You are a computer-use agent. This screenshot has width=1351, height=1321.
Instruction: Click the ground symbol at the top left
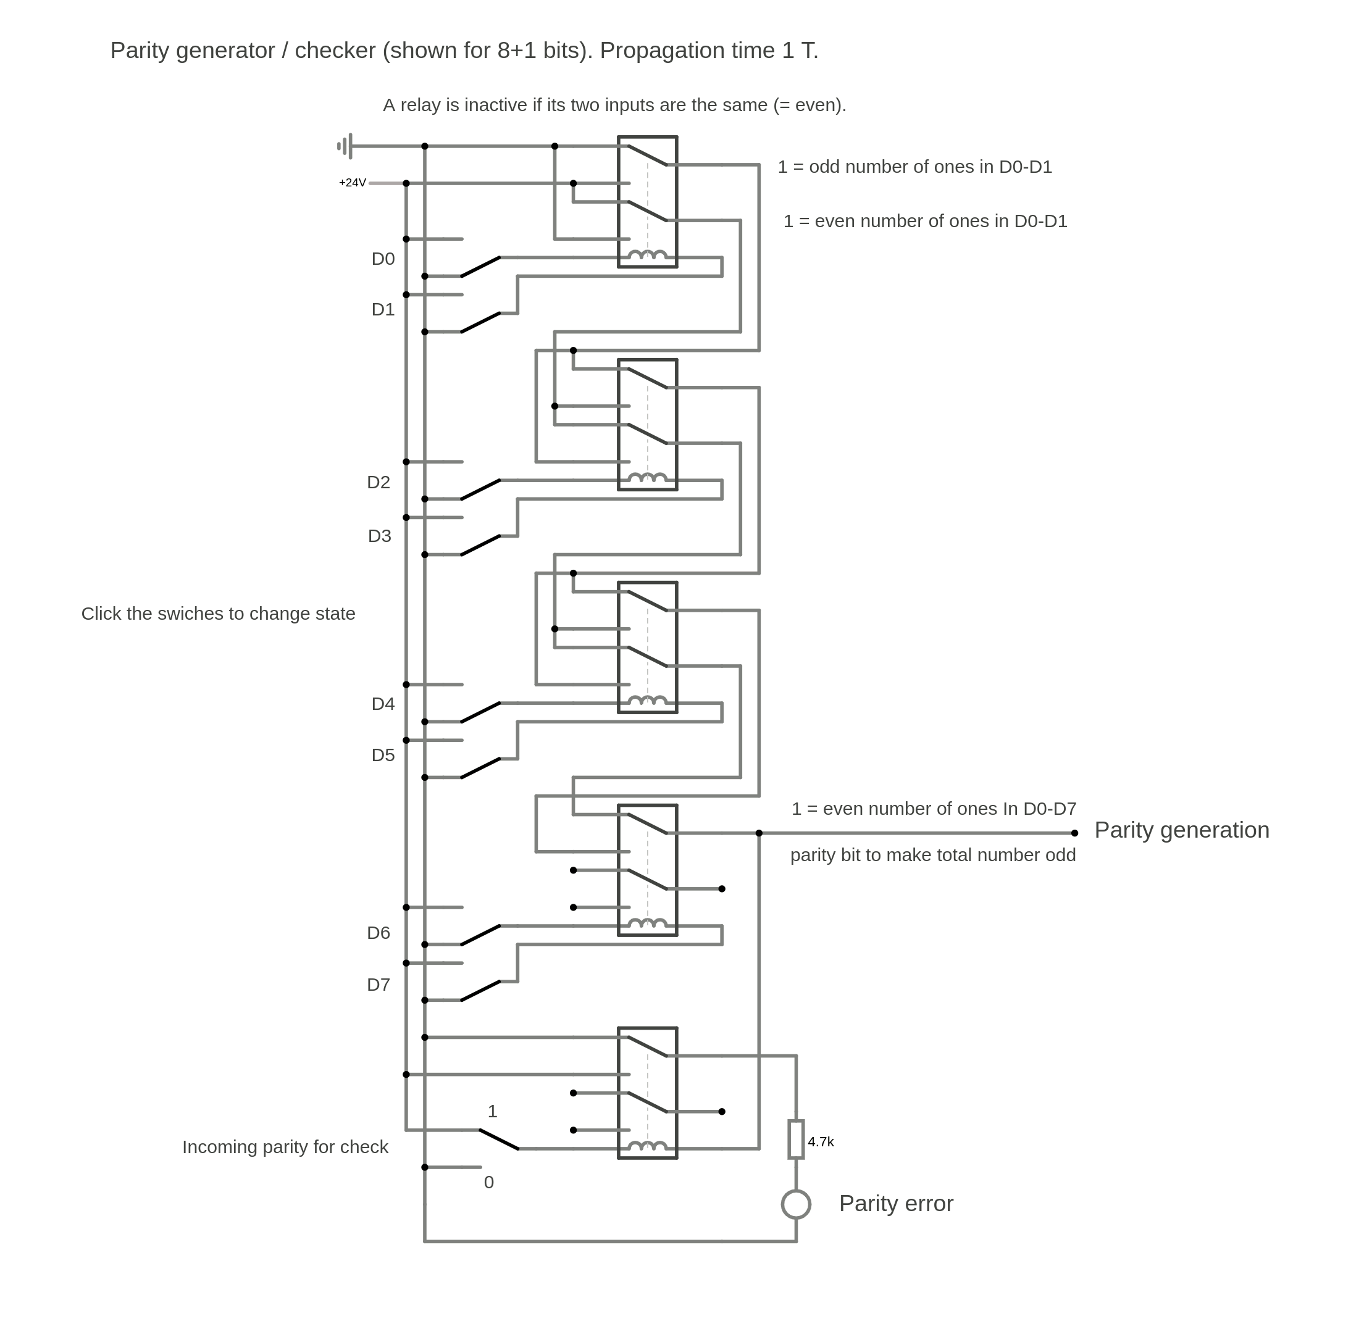pos(345,146)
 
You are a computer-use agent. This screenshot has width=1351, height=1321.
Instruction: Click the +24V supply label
pos(352,183)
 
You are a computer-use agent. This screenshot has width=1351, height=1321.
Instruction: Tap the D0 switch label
pos(383,259)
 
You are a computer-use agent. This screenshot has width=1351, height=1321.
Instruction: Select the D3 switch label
pos(380,536)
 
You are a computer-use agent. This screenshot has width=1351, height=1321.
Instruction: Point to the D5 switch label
pos(383,755)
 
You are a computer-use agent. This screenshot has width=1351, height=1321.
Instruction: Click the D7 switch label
pos(378,985)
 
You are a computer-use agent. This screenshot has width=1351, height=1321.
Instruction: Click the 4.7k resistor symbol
pos(796,1140)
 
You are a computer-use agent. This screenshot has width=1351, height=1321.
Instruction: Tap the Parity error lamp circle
pos(796,1204)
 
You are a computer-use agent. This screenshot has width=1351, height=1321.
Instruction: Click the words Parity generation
pos(1181,830)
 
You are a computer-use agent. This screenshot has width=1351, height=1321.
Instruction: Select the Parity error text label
pos(896,1204)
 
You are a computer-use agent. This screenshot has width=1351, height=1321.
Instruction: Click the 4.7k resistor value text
pos(821,1142)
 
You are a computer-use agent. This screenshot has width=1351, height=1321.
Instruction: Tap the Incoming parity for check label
pos(285,1147)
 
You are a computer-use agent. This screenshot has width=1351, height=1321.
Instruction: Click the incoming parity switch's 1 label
pos(493,1112)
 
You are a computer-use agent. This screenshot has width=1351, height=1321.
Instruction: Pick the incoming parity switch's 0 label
pos(489,1182)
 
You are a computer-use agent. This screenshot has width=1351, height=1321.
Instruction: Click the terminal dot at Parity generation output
pos(1075,833)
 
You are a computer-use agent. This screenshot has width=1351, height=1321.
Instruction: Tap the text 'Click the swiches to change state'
pos(218,614)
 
